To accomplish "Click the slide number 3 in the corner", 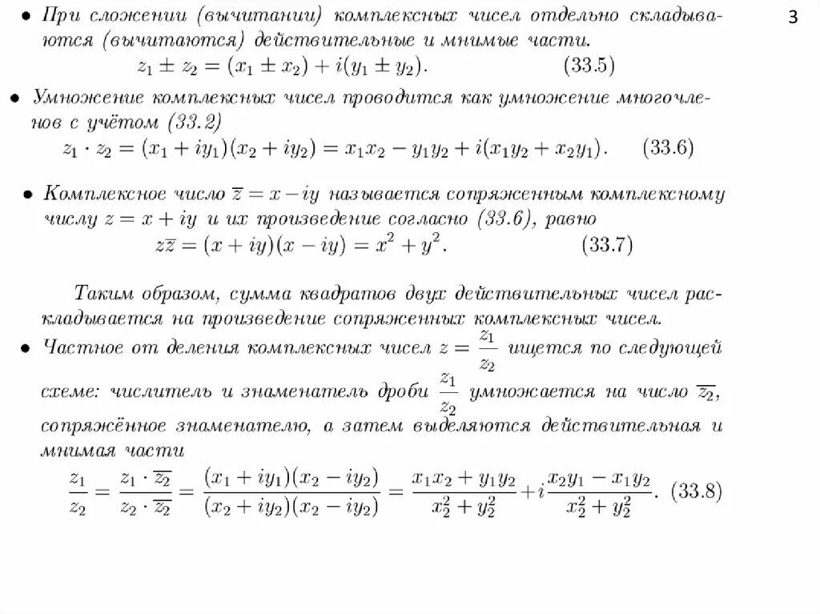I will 793,18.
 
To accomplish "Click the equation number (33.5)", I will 591,66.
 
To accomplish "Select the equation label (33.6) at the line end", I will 668,148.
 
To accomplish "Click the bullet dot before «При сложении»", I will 25,15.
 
